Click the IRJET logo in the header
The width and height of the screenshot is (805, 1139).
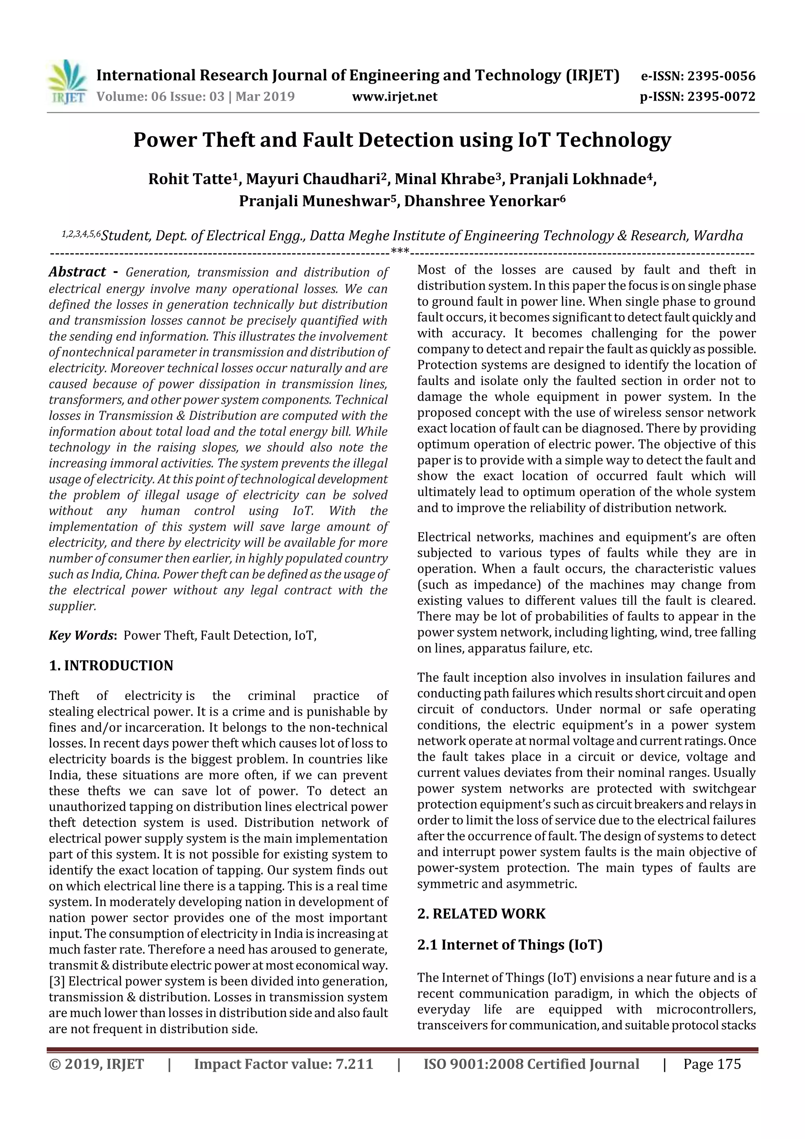click(x=67, y=82)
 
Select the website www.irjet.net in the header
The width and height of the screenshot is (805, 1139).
click(x=394, y=96)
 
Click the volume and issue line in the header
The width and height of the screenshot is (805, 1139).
click(x=195, y=96)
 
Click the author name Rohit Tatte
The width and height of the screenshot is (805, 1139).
click(x=191, y=179)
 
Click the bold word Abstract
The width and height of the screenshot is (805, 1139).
click(x=77, y=272)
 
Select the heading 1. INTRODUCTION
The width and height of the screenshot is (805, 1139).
click(x=111, y=665)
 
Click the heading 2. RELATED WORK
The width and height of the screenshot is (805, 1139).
click(x=481, y=914)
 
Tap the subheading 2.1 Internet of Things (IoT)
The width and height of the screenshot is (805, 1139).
click(x=509, y=944)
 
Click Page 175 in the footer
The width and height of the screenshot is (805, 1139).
click(x=712, y=1064)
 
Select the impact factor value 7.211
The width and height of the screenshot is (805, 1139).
click(x=354, y=1064)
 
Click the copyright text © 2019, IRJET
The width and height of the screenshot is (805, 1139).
click(x=96, y=1064)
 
